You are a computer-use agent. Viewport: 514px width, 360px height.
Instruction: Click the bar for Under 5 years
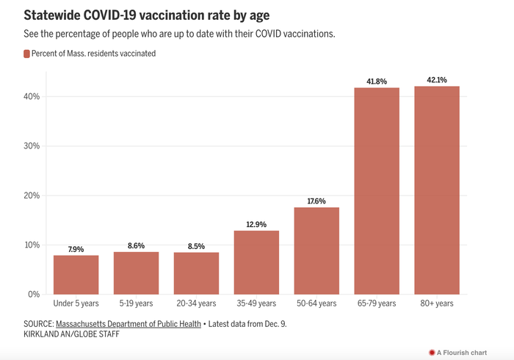point(76,275)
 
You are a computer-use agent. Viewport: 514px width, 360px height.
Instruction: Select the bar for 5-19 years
point(136,273)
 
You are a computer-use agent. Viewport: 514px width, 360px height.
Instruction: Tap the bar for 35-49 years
point(256,262)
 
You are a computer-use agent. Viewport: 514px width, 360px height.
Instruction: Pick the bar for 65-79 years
point(377,191)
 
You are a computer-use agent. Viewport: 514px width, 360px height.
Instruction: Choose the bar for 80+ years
point(437,190)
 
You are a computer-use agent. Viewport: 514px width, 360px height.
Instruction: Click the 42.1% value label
point(437,79)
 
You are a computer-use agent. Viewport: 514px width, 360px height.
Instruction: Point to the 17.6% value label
point(316,201)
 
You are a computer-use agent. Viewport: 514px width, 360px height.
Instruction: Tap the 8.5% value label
point(196,245)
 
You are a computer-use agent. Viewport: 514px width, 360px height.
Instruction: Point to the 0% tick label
point(33,295)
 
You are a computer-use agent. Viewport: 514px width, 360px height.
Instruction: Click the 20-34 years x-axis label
point(196,303)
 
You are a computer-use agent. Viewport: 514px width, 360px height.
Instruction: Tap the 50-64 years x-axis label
point(316,303)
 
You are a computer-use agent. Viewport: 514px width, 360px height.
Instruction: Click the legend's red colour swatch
point(26,54)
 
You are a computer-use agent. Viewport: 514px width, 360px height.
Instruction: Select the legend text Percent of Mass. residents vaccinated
point(93,54)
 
